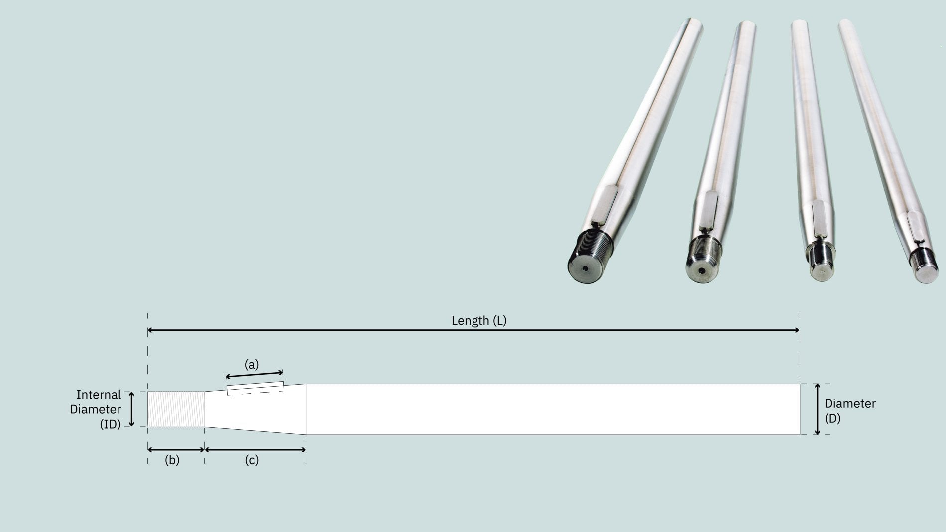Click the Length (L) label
(478, 321)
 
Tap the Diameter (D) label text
(849, 411)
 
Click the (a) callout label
(252, 365)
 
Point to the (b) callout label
(172, 460)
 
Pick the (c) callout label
(252, 460)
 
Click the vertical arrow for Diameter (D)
(817, 409)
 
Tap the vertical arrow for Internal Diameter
(131, 409)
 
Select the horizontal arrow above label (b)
(176, 450)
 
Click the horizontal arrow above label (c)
(255, 450)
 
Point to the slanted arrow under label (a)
(254, 374)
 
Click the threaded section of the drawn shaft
(176, 409)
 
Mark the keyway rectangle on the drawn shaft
(255, 388)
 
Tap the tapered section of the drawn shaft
(255, 408)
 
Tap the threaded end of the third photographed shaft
(820, 255)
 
